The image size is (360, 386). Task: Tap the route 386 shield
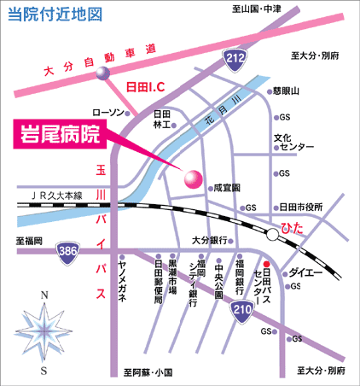point(67,253)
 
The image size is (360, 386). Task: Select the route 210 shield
point(241,311)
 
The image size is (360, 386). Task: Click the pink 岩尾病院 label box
point(60,134)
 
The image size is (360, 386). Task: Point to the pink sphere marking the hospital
point(194,179)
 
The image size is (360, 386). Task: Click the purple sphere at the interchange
point(102,73)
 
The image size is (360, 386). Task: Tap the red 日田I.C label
point(145,86)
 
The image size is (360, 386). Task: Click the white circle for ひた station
point(272,235)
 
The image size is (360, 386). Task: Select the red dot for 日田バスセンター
point(266,264)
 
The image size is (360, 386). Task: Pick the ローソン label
point(108,113)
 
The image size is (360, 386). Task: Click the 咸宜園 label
point(227,188)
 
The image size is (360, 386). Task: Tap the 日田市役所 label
point(301,207)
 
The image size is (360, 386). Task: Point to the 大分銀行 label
point(210,241)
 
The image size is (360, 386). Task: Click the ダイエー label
point(305,273)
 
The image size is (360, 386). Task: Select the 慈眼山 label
point(286,91)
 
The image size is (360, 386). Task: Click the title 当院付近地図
point(55,15)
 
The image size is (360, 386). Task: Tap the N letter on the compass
point(44,295)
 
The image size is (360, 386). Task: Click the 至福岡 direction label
point(29,241)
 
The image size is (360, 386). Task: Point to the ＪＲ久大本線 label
point(57,196)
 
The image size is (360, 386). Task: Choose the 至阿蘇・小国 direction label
point(148,372)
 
